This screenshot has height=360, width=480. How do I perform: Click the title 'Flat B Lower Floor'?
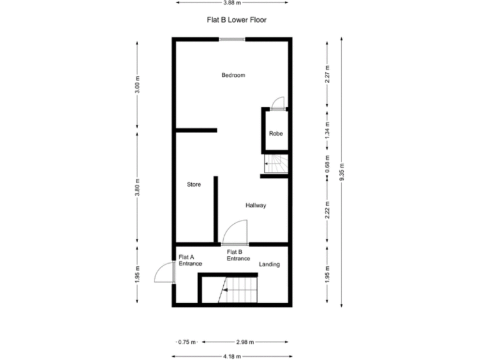click(237, 20)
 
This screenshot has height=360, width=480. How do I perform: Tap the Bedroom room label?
click(233, 75)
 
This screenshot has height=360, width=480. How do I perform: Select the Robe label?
click(276, 133)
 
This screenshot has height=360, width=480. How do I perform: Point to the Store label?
click(194, 184)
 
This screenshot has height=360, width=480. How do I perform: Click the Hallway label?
click(256, 205)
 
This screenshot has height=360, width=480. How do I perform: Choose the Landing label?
click(269, 264)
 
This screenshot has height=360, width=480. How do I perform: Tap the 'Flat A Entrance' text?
click(190, 260)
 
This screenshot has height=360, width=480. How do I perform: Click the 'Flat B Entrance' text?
click(238, 255)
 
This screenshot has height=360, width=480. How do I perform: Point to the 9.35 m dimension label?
click(342, 172)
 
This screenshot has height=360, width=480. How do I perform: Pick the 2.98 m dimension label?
click(245, 342)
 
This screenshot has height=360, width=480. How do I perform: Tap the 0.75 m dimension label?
click(187, 342)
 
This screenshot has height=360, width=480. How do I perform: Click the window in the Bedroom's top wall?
click(232, 39)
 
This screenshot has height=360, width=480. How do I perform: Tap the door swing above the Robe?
click(279, 104)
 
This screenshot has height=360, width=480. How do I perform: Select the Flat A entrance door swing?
click(164, 272)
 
